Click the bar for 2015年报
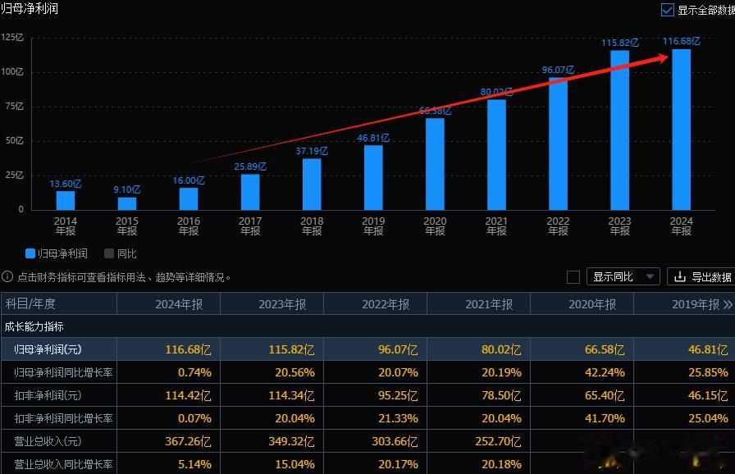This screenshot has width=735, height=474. (x=127, y=203)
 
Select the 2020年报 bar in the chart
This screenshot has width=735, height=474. (x=435, y=164)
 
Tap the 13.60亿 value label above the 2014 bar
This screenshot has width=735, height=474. (x=66, y=185)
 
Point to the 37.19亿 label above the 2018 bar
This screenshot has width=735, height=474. (x=312, y=152)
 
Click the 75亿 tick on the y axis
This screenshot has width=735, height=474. (x=12, y=106)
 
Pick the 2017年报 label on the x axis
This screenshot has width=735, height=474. (x=250, y=226)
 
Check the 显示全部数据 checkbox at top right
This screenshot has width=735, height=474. (x=668, y=11)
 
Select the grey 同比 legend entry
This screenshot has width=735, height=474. (x=121, y=254)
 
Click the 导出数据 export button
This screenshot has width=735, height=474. (x=702, y=277)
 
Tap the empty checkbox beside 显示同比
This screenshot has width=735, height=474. (x=573, y=277)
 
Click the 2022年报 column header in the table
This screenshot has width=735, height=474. (x=386, y=304)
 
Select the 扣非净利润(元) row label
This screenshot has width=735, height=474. (x=48, y=395)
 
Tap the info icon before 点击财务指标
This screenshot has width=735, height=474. (x=7, y=277)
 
